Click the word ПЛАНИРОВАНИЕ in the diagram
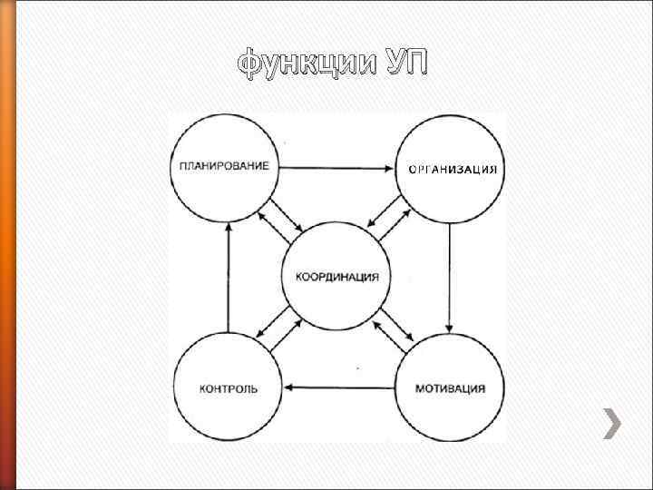click(x=224, y=167)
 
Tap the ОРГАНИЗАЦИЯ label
click(x=452, y=170)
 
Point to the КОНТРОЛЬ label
click(x=228, y=388)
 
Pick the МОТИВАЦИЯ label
click(x=450, y=388)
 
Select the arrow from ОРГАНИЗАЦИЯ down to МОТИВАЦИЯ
click(x=449, y=277)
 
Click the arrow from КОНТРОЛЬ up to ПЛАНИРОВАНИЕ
click(x=228, y=277)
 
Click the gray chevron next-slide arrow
click(x=614, y=423)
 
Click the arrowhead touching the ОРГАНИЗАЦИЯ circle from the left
click(x=389, y=167)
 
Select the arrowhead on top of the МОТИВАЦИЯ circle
click(x=449, y=328)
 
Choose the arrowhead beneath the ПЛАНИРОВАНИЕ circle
click(x=228, y=228)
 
